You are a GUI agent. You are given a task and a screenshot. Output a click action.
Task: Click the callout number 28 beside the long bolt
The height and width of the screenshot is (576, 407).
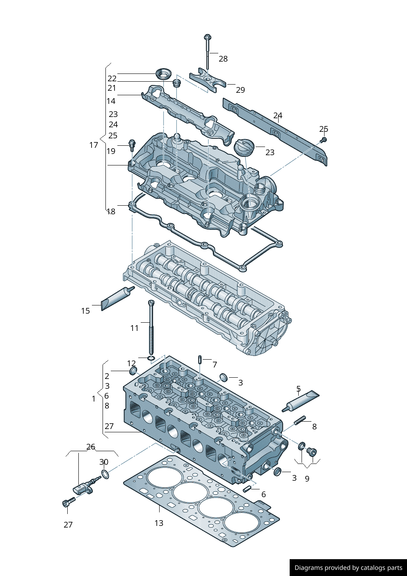coord(223,59)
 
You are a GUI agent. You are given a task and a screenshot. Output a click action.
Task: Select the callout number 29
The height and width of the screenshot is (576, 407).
coord(240,90)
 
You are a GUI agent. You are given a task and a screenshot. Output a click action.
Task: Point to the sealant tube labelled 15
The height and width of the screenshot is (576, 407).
coord(117,298)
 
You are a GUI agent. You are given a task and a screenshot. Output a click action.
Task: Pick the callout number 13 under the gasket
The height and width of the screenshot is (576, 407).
coord(159,523)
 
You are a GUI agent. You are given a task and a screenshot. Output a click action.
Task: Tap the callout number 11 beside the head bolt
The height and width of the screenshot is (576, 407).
coord(135,328)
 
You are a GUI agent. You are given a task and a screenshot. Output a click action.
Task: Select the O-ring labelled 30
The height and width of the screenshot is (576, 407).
coord(105,475)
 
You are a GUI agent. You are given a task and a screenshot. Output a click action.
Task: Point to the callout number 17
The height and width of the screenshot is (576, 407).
coord(94,145)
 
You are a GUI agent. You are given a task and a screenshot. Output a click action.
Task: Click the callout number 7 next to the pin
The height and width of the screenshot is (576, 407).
coord(215,364)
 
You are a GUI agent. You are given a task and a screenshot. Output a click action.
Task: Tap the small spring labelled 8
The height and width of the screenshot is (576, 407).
coord(300,420)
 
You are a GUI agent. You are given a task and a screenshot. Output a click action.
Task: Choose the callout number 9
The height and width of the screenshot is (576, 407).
coord(307,479)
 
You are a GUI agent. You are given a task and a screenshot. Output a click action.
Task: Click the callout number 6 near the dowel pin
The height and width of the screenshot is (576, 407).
coord(263,494)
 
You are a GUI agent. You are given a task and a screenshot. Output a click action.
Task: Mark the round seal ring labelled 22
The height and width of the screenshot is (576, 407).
coord(164,75)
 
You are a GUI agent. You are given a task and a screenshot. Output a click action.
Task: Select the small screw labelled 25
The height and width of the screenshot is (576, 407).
coord(323,140)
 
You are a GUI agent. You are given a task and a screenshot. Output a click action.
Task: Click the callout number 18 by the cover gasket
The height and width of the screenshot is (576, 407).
coord(111,211)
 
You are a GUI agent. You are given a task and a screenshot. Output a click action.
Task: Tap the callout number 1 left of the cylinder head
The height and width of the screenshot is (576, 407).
coord(94,399)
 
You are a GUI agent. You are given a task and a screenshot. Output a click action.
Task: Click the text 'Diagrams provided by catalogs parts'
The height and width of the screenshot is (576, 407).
coord(348,568)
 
